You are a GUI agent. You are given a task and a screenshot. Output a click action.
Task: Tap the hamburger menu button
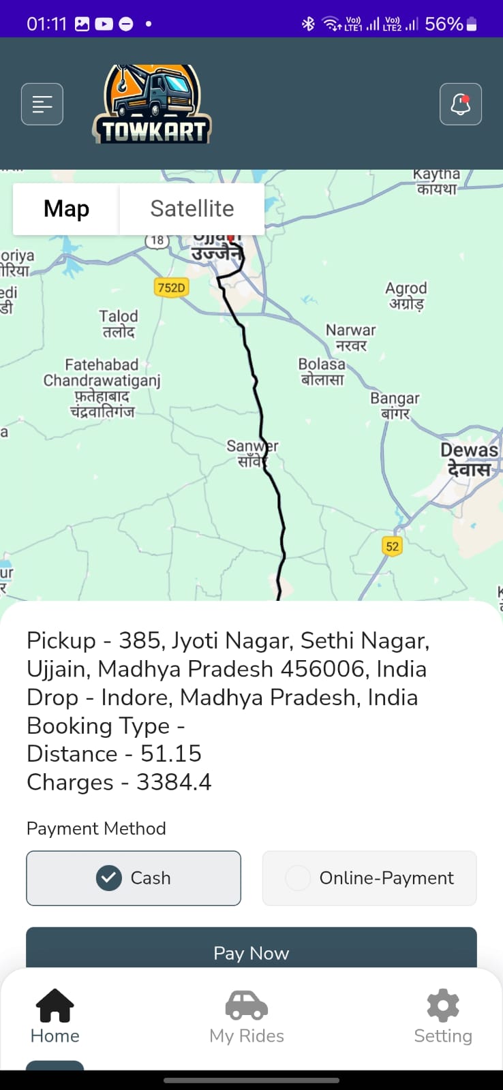[42, 104]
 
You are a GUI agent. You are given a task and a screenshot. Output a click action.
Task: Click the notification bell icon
[461, 104]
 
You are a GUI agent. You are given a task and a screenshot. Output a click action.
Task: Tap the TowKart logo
[153, 105]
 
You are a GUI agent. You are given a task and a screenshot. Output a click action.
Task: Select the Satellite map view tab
[192, 208]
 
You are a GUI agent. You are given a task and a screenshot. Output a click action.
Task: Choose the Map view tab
[66, 208]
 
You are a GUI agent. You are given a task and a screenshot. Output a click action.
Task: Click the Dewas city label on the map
[469, 459]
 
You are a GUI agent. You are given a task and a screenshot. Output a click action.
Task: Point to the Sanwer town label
[251, 453]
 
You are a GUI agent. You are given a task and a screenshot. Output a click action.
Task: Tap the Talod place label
[119, 324]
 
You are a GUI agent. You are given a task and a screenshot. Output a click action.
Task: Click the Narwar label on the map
[350, 337]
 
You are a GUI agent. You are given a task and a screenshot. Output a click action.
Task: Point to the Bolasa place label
[322, 371]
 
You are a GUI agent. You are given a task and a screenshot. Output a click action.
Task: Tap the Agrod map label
[406, 296]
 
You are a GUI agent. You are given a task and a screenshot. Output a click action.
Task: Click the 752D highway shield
[171, 287]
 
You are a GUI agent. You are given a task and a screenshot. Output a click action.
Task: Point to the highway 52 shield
[392, 546]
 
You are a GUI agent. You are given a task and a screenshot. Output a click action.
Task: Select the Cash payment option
[134, 878]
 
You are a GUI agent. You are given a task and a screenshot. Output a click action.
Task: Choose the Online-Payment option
[369, 878]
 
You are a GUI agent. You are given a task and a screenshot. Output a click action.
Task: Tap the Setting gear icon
[443, 1006]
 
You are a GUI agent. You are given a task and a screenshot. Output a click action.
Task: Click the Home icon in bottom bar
[55, 1006]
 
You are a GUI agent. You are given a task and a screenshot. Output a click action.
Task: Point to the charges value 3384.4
[174, 782]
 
